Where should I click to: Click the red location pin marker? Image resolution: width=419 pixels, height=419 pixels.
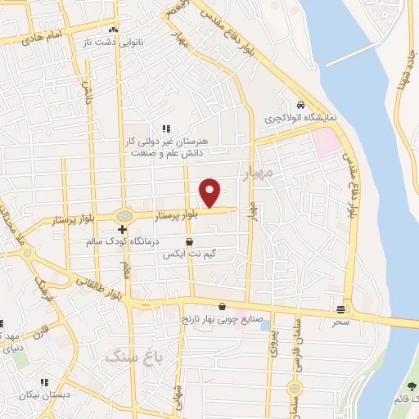210,192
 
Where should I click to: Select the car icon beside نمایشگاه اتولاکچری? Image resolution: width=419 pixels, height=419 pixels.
301,106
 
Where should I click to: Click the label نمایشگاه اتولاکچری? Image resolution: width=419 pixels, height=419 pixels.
300,119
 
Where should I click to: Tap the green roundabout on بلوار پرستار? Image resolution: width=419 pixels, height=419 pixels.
124,216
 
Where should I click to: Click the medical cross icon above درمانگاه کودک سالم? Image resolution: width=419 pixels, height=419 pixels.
121,231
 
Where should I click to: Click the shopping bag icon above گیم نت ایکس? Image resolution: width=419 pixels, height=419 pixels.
190,242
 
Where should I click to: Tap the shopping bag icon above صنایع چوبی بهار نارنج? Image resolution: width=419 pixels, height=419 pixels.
221,306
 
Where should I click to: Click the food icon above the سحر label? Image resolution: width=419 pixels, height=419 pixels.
340,309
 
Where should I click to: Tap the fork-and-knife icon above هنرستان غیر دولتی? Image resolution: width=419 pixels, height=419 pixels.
166,128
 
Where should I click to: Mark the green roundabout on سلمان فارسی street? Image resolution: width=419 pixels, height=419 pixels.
295,388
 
